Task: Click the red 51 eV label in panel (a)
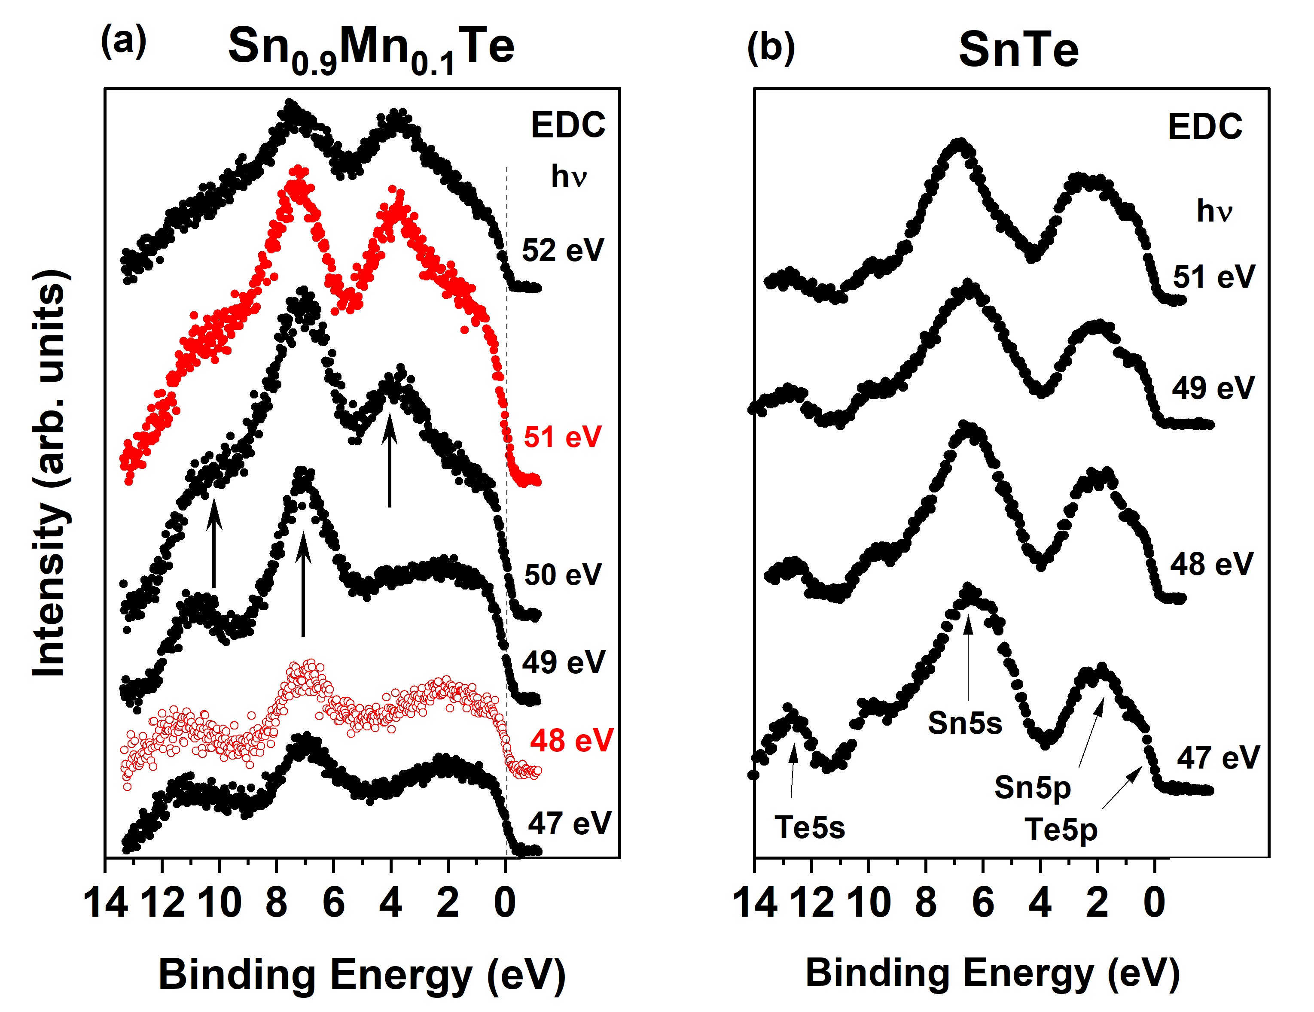click(562, 437)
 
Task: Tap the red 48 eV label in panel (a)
click(571, 740)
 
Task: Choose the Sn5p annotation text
click(1033, 787)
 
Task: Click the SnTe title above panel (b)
click(1018, 50)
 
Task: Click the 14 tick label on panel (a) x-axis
click(106, 903)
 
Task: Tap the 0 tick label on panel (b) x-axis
click(1154, 903)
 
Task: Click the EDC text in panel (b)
click(1204, 127)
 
